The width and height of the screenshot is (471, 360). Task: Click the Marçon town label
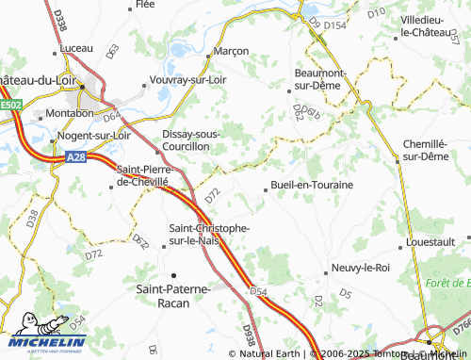pos(232,51)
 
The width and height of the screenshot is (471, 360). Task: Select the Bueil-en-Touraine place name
pos(312,185)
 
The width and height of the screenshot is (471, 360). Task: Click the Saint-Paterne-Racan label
pos(175,295)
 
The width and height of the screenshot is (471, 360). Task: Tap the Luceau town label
pos(75,47)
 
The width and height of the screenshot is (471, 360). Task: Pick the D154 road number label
pos(335,26)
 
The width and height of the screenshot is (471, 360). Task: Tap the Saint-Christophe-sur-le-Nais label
pos(208,235)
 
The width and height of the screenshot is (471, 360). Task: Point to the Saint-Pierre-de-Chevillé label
pos(141,174)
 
